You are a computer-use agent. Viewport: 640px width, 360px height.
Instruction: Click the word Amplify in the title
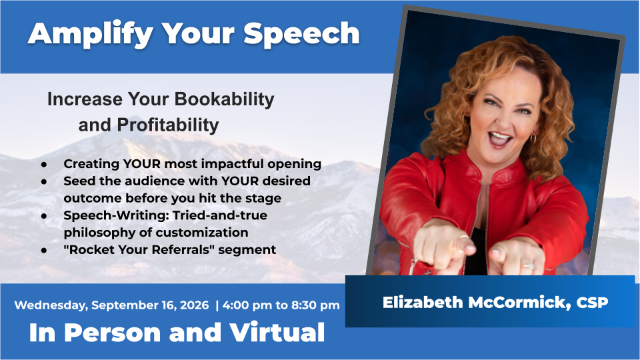(x=90, y=34)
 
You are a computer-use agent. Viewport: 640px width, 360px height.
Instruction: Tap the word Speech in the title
(x=301, y=33)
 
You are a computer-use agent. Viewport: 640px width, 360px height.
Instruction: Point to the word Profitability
(x=168, y=125)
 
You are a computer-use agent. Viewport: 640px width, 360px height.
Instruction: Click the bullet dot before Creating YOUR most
(x=44, y=164)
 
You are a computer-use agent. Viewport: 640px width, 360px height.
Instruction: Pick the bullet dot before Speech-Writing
(x=44, y=215)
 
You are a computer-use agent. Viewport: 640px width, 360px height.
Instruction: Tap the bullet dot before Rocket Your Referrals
(x=44, y=250)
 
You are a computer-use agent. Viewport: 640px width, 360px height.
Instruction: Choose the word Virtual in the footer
(x=277, y=332)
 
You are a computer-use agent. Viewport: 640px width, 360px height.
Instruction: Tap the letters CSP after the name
(x=592, y=303)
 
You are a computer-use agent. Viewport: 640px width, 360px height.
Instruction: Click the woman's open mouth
(x=501, y=139)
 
